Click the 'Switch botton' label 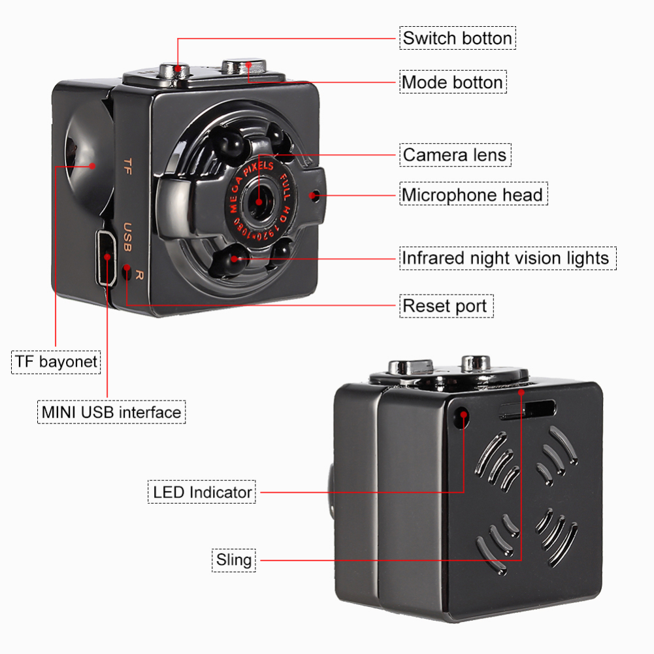pyautogui.click(x=457, y=38)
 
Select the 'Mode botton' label pyautogui.click(x=452, y=82)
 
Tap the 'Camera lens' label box pyautogui.click(x=454, y=155)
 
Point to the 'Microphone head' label pyautogui.click(x=472, y=195)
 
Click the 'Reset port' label pyautogui.click(x=444, y=305)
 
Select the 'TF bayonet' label pyautogui.click(x=56, y=361)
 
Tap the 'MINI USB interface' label pyautogui.click(x=111, y=412)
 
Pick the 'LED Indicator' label pyautogui.click(x=203, y=492)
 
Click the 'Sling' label pyautogui.click(x=233, y=560)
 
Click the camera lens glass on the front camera pyautogui.click(x=259, y=199)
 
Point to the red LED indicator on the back pyautogui.click(x=463, y=416)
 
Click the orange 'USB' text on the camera pyautogui.click(x=127, y=238)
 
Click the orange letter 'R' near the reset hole pyautogui.click(x=139, y=275)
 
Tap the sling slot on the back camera pyautogui.click(x=527, y=410)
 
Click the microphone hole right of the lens pyautogui.click(x=316, y=195)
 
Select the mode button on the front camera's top pyautogui.click(x=244, y=67)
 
